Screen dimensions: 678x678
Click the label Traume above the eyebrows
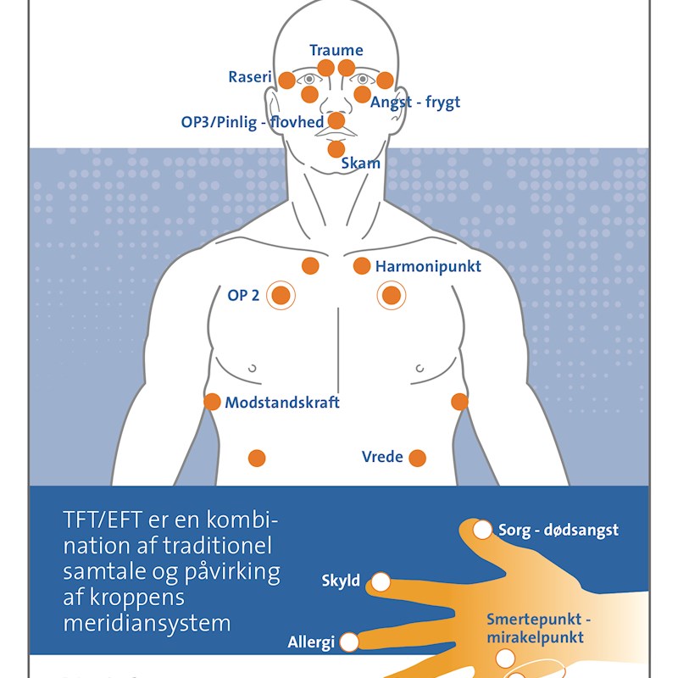coord(336,51)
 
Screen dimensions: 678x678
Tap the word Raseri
coord(250,77)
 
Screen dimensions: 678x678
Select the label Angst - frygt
coord(415,103)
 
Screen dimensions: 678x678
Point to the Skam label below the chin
coord(360,164)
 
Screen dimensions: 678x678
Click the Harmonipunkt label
coord(428,267)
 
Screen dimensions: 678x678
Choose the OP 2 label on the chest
coord(243,296)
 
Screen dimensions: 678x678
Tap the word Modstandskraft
coord(282,403)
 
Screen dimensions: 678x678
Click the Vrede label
coord(381,458)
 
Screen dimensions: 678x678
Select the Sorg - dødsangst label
coord(559,531)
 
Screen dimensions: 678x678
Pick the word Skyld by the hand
coord(341,581)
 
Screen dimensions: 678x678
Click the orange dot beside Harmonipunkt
coord(362,266)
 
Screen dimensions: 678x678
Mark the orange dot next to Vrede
coord(417,458)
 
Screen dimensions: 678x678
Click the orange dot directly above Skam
coord(336,149)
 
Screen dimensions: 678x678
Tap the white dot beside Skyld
coord(381,582)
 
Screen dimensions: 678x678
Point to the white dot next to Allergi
coord(349,642)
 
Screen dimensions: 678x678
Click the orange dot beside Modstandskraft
coord(212,402)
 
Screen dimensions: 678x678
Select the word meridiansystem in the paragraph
coord(147,624)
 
